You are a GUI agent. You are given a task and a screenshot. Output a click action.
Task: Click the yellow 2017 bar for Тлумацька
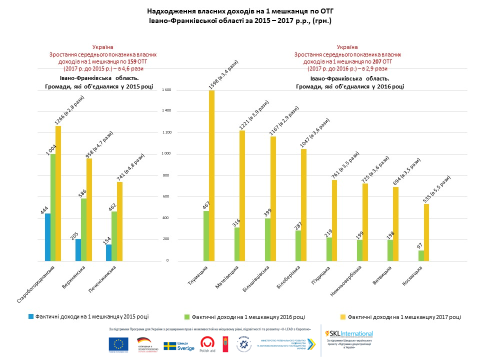point(211,175)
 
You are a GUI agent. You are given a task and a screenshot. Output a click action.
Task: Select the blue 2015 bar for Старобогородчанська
point(47,237)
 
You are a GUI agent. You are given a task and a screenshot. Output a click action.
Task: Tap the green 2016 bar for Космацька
point(421,255)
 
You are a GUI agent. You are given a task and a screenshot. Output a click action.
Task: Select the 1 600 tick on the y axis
point(166,90)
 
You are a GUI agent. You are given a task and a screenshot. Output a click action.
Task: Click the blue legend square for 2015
point(31,316)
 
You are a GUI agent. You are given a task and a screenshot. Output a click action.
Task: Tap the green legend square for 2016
point(187,316)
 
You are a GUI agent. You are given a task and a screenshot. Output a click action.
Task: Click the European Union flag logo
point(118,344)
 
